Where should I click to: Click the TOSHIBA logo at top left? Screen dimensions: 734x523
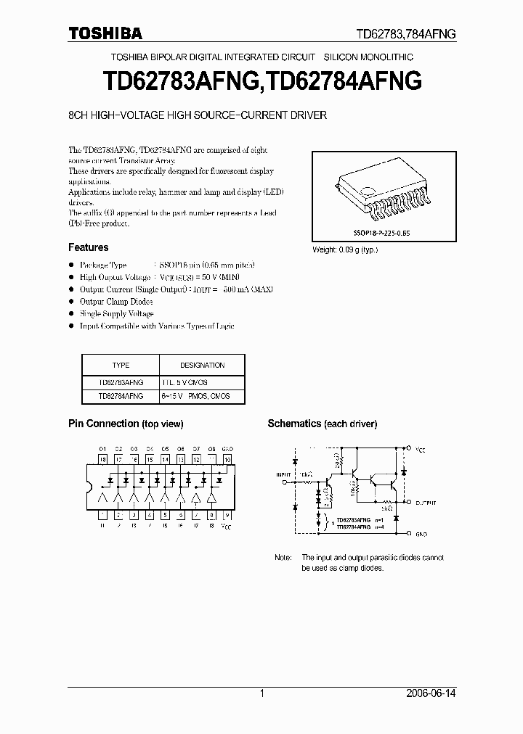pyautogui.click(x=105, y=33)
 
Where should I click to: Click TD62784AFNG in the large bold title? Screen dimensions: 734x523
pyautogui.click(x=340, y=81)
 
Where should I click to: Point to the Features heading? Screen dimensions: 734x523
pyautogui.click(x=88, y=247)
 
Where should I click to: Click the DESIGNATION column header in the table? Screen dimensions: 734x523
pyautogui.click(x=202, y=366)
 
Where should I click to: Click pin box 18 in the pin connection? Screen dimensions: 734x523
pyautogui.click(x=102, y=459)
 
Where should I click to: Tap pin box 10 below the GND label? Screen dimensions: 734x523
pyautogui.click(x=227, y=459)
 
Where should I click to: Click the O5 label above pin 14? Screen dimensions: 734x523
pyautogui.click(x=165, y=449)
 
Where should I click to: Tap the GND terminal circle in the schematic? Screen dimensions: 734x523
pyautogui.click(x=409, y=533)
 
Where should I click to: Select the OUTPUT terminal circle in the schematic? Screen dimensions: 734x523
pyautogui.click(x=409, y=501)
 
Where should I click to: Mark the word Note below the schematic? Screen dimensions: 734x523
pyautogui.click(x=283, y=558)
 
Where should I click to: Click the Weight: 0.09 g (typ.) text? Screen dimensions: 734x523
pyautogui.click(x=344, y=250)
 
